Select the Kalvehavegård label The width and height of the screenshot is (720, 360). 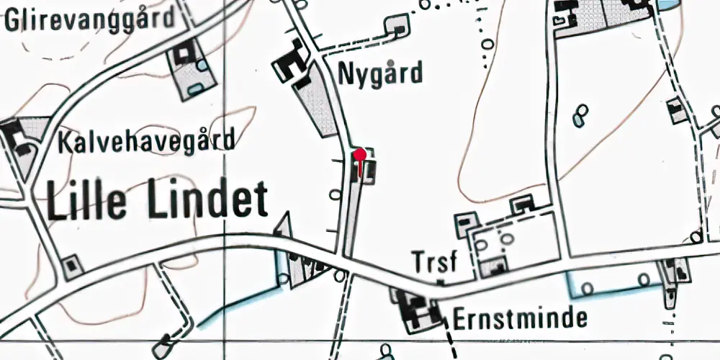(x=147, y=140)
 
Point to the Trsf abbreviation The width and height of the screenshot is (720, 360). (x=435, y=263)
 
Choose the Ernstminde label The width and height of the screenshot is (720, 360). (x=521, y=318)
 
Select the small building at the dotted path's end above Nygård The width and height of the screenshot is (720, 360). (x=397, y=27)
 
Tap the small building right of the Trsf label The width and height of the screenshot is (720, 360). (x=496, y=267)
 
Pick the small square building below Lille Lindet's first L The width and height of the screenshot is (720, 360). (x=71, y=266)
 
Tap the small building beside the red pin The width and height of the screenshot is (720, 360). (x=368, y=171)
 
